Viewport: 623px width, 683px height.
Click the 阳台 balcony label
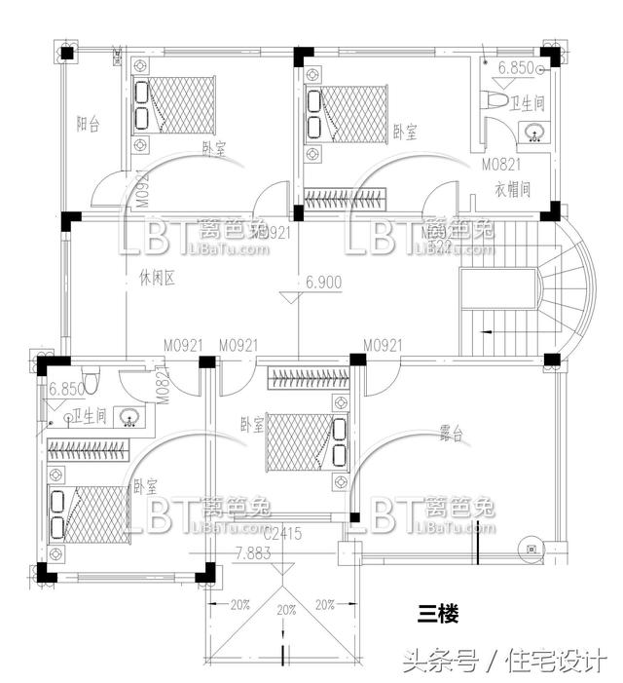[89, 124]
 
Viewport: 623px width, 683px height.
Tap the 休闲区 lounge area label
[155, 280]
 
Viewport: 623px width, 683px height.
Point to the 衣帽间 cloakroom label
[511, 187]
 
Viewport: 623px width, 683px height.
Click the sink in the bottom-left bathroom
[128, 417]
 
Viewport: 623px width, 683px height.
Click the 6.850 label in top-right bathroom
[518, 68]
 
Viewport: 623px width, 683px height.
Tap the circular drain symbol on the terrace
[531, 548]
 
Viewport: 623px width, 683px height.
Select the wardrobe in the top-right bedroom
[346, 200]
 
